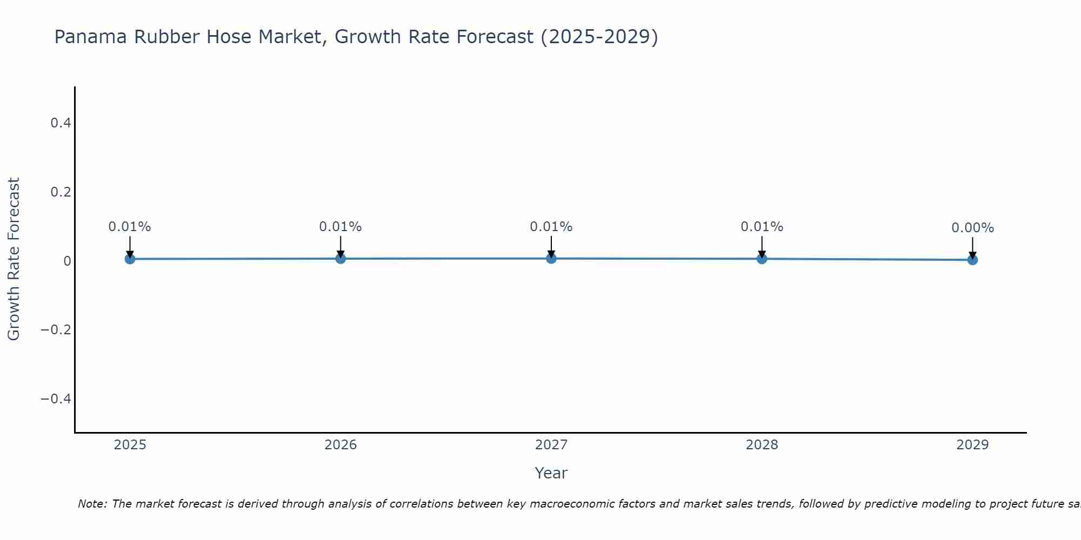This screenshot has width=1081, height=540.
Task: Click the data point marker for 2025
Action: (x=130, y=259)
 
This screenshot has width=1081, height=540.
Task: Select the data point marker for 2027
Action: (x=551, y=258)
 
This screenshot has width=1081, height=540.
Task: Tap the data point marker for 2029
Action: (x=972, y=260)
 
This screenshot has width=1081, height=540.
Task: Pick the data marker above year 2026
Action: (x=341, y=258)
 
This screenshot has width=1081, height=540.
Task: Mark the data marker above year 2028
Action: (x=762, y=259)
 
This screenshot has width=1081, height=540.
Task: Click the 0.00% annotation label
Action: (x=972, y=228)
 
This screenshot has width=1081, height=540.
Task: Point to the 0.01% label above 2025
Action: (x=130, y=227)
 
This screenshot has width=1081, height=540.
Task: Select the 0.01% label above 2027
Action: (x=551, y=227)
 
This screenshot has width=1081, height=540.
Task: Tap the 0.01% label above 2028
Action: (x=762, y=227)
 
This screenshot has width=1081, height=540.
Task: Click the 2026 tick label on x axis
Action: (x=341, y=445)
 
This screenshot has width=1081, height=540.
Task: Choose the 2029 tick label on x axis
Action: (x=972, y=445)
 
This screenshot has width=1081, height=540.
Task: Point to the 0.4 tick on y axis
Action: (x=61, y=123)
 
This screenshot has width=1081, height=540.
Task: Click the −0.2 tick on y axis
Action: (x=56, y=329)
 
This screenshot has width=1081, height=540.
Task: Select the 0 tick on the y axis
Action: (x=67, y=261)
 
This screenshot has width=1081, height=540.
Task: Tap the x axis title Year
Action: (x=551, y=473)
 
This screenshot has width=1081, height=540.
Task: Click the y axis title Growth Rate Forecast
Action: (x=14, y=259)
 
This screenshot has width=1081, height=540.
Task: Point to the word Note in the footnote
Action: (x=92, y=504)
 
